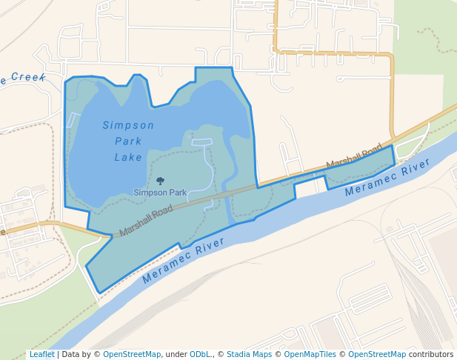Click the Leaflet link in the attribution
pos(41,354)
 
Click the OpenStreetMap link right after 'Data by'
pos(132,354)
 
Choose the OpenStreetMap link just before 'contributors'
pos(377,354)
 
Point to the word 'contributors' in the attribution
pos(431,354)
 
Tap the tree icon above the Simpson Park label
pos(160,181)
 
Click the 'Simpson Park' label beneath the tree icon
pos(160,193)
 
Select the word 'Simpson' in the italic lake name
pos(128,125)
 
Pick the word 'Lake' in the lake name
pos(128,157)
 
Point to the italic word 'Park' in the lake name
pos(128,141)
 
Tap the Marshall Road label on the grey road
pos(146,221)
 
